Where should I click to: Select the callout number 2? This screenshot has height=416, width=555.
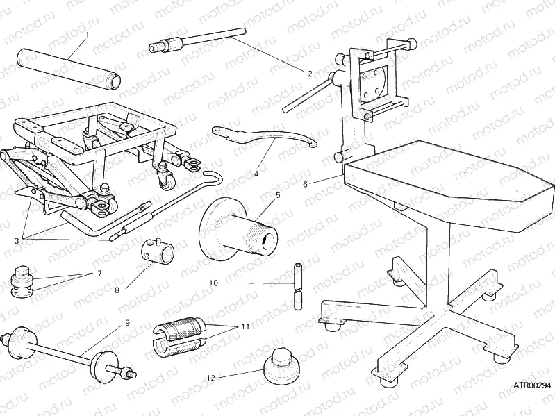(x=309, y=72)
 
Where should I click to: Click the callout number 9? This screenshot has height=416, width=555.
(x=126, y=322)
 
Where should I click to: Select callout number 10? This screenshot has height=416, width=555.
(x=213, y=283)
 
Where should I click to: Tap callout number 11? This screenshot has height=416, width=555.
(x=244, y=326)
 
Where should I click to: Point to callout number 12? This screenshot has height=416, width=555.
(x=210, y=377)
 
